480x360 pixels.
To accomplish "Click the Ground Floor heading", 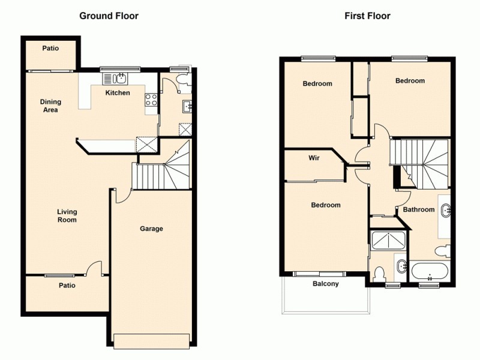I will point(109,16).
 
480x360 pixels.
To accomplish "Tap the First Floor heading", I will point(367,16).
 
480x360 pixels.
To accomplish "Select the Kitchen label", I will point(118,93).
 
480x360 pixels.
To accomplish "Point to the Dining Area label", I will point(50,106).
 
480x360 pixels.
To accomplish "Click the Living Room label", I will point(67,215).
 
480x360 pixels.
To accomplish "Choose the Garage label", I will point(151,229).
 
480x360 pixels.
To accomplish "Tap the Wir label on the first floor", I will point(313,159).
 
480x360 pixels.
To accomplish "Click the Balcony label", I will point(326,284).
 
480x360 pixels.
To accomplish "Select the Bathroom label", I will point(418,209).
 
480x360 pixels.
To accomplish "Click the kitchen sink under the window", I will point(115,78).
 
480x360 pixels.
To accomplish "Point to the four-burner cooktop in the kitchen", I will point(151,101).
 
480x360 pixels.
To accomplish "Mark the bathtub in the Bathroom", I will point(428,271).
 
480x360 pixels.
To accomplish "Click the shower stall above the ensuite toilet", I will point(389,240).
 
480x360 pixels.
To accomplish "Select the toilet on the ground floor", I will point(182,79).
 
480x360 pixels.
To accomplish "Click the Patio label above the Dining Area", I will point(50,48).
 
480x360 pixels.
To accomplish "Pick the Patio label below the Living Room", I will point(67,286).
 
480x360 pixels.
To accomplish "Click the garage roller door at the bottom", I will point(152,340).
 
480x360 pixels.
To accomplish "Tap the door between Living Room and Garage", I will point(120,196).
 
